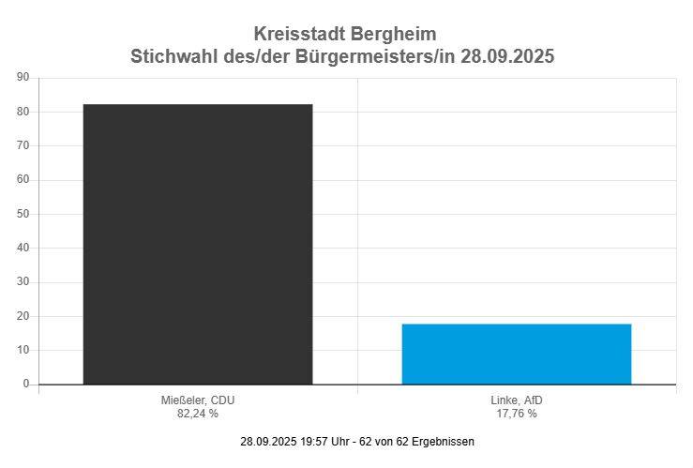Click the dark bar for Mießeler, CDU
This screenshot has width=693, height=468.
(x=198, y=244)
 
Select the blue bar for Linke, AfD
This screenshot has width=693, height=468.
(x=517, y=354)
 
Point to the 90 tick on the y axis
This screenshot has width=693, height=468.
(x=23, y=78)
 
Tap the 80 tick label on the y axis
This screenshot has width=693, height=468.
(x=23, y=112)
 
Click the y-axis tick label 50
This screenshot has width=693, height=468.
(x=23, y=214)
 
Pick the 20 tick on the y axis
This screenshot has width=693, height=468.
(x=23, y=316)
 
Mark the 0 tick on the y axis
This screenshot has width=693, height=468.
(x=26, y=384)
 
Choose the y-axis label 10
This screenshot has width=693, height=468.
(x=23, y=350)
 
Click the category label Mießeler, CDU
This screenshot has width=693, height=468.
(x=198, y=400)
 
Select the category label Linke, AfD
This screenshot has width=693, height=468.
(x=517, y=400)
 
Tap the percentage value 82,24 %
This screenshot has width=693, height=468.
(x=198, y=413)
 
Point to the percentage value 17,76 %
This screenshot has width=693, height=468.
(x=517, y=413)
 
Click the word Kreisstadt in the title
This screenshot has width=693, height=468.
(x=299, y=35)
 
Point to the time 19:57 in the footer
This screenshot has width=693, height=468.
(x=314, y=441)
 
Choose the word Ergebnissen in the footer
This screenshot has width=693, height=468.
(x=444, y=441)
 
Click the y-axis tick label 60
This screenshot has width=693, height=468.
(x=23, y=180)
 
